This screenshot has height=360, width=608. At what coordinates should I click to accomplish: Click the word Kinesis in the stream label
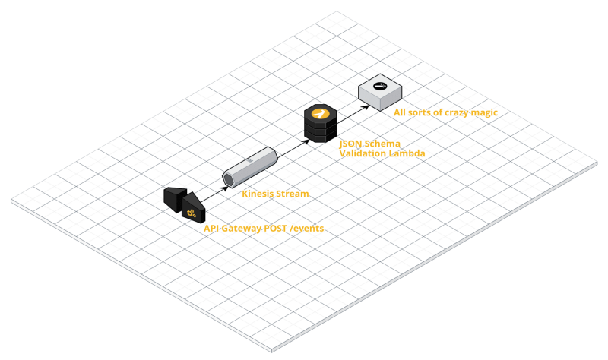(x=258, y=194)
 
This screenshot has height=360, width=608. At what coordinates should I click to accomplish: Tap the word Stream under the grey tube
(x=292, y=194)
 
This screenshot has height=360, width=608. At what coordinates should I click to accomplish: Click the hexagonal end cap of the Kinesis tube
(x=228, y=179)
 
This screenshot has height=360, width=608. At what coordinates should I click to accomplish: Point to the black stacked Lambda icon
(x=320, y=123)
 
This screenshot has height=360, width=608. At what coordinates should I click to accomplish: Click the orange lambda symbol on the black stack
(x=320, y=114)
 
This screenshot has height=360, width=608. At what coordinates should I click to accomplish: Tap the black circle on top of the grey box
(x=380, y=86)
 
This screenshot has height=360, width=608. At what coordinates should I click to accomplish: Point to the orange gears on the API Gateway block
(x=190, y=213)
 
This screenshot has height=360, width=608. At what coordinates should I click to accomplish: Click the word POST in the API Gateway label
(x=270, y=228)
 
